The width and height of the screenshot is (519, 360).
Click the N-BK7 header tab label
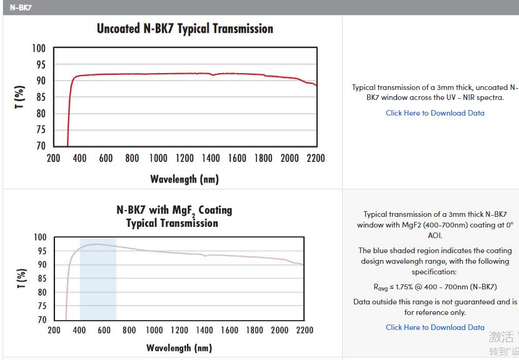click(x=21, y=7)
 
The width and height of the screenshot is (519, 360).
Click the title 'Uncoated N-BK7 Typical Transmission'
click(x=184, y=29)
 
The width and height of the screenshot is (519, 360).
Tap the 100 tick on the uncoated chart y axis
click(x=39, y=49)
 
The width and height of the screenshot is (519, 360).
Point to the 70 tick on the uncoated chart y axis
click(x=40, y=146)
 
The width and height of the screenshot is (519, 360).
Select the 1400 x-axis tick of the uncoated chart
click(x=211, y=158)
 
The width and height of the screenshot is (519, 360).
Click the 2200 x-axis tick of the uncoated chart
click(x=316, y=158)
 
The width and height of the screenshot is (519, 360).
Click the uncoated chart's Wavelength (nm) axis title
click(x=184, y=179)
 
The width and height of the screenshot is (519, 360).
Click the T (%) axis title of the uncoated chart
click(x=19, y=97)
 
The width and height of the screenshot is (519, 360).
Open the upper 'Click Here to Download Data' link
click(x=435, y=113)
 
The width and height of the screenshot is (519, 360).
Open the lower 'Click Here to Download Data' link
click(x=435, y=327)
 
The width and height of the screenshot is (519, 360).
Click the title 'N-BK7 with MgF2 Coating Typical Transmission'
click(x=174, y=216)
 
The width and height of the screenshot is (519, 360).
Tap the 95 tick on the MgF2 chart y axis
click(x=41, y=251)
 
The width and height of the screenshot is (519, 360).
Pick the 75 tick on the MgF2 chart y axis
click(x=41, y=306)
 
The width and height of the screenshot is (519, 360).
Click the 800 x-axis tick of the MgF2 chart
click(x=129, y=330)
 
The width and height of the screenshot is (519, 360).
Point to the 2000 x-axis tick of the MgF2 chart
click(x=280, y=330)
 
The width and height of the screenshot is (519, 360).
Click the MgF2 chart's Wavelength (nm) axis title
click(x=179, y=347)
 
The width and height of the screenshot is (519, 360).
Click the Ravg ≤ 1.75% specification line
click(x=435, y=287)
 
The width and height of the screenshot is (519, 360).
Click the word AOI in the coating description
click(x=435, y=236)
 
